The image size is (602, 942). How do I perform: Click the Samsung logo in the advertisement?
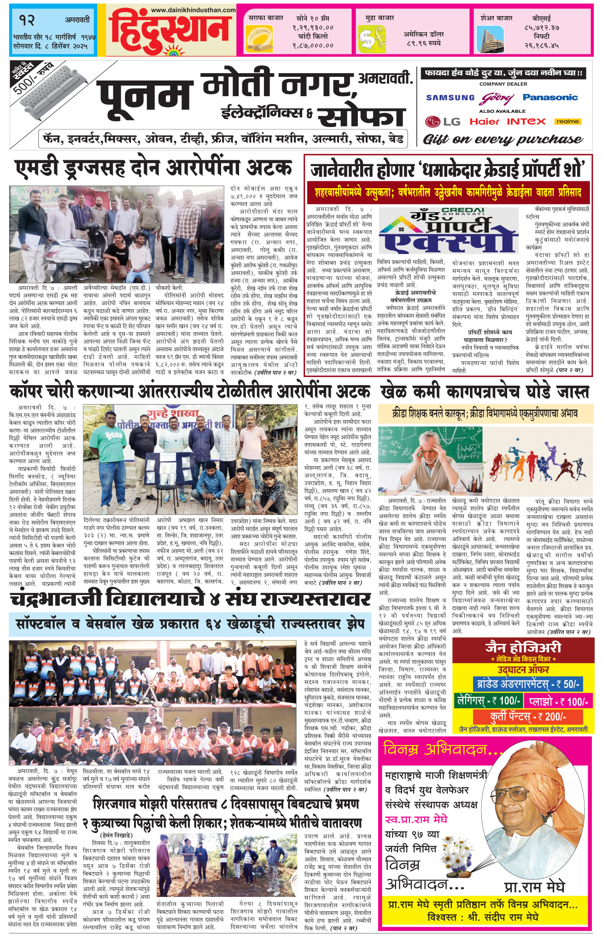point(450,98)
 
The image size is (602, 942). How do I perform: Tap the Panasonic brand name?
point(550,98)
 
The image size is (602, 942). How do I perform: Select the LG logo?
point(443,122)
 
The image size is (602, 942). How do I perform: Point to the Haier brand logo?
point(485,122)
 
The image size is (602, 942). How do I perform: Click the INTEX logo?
point(526,122)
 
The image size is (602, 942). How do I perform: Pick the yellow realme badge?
point(567,122)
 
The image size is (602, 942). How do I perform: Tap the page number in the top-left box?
point(27,20)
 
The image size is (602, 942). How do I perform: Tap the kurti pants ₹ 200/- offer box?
point(527,717)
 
